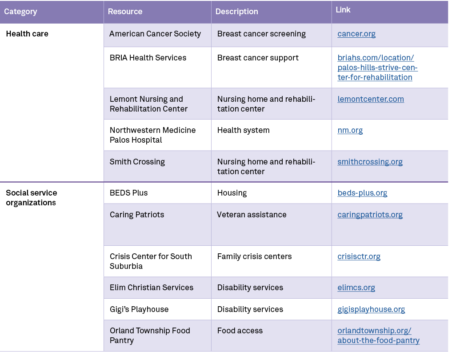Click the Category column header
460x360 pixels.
pyautogui.click(x=20, y=12)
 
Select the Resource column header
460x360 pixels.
pyautogui.click(x=125, y=12)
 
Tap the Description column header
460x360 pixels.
pyautogui.click(x=236, y=12)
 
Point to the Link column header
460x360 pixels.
pyautogui.click(x=343, y=10)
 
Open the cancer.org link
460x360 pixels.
pyautogui.click(x=356, y=34)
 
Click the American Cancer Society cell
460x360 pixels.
pyautogui.click(x=155, y=34)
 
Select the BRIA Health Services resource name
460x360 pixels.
pyautogui.click(x=148, y=58)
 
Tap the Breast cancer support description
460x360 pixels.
pyautogui.click(x=258, y=58)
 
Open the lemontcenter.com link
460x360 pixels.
pyautogui.click(x=371, y=99)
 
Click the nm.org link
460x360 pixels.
pyautogui.click(x=350, y=130)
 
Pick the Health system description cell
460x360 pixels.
pyautogui.click(x=243, y=130)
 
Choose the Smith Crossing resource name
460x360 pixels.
pyautogui.click(x=137, y=162)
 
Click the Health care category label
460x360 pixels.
pyautogui.click(x=27, y=34)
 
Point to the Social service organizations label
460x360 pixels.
pyautogui.click(x=32, y=198)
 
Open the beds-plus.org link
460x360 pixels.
pyautogui.click(x=362, y=193)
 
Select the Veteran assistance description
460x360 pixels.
pyautogui.click(x=252, y=215)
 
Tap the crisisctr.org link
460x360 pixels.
pyautogui.click(x=359, y=256)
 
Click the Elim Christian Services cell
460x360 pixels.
pyautogui.click(x=152, y=288)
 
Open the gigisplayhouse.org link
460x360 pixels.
pyautogui.click(x=371, y=309)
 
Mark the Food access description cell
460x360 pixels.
pyautogui.click(x=240, y=331)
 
